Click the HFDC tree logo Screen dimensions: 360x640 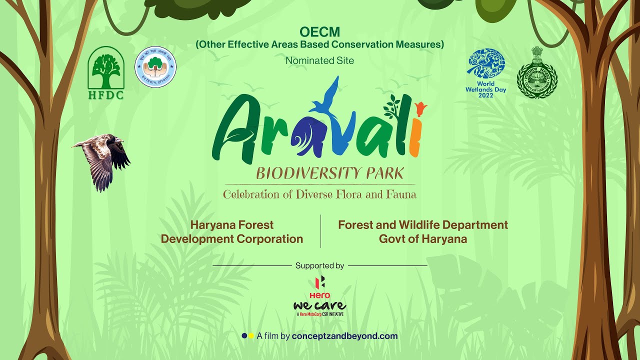coord(105,72)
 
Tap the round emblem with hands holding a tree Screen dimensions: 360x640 coord(155,67)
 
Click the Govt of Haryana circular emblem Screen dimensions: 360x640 coord(537,73)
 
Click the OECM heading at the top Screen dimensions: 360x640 coord(319,32)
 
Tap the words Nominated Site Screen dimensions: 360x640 coord(319,60)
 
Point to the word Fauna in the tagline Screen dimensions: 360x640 coord(400,194)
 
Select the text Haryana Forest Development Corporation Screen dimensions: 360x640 coord(232,232)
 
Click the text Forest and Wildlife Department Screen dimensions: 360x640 coord(422,225)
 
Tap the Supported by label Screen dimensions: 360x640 coord(319,265)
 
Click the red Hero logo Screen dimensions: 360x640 coord(319,287)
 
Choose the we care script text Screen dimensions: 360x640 coord(319,305)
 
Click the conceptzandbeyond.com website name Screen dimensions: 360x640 coord(344,336)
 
